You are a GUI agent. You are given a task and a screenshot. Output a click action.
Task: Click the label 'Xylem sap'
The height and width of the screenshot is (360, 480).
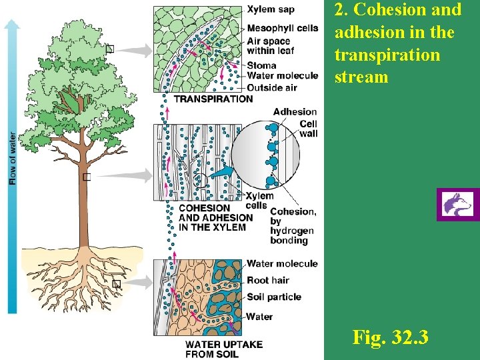tap(270, 9)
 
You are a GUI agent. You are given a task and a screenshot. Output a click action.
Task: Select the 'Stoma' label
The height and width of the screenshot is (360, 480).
tap(261, 65)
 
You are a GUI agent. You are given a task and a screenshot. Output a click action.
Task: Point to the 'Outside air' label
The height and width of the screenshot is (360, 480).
tap(272, 87)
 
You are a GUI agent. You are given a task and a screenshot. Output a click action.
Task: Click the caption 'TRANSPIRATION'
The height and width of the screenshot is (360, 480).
tap(213, 99)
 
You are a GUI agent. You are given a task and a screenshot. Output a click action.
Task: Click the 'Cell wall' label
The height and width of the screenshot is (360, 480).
tap(308, 129)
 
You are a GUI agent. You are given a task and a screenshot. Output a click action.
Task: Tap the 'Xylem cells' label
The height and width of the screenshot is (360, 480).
tap(259, 200)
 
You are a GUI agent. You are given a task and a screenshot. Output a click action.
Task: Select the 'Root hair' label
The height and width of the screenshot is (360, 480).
tap(268, 281)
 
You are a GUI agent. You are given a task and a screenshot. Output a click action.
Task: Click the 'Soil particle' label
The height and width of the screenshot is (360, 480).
tap(274, 297)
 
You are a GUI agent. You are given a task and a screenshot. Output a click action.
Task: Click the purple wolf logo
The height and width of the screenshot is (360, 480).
tap(458, 205)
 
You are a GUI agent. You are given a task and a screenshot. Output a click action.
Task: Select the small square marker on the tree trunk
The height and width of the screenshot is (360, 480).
tap(86, 177)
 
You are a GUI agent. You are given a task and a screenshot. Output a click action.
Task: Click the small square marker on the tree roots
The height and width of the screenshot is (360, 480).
tap(116, 284)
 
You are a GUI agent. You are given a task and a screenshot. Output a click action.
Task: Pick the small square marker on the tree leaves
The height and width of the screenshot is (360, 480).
tap(110, 49)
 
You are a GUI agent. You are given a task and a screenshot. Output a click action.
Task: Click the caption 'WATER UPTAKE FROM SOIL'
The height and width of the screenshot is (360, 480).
tap(223, 349)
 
